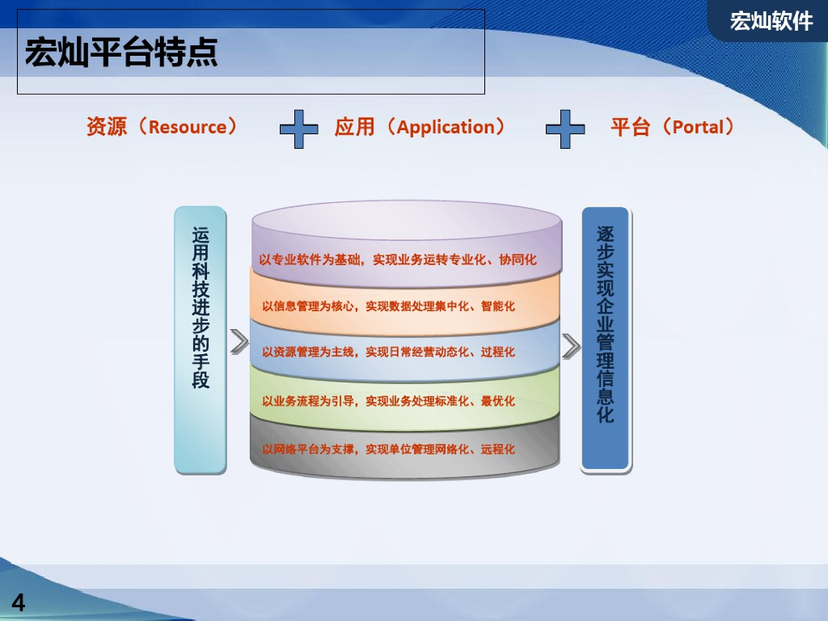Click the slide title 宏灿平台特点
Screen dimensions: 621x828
click(x=121, y=53)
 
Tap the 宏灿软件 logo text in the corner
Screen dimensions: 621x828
click(x=771, y=21)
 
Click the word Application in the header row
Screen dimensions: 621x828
click(x=446, y=127)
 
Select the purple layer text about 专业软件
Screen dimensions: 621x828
click(x=398, y=260)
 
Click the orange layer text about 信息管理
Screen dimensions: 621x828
click(x=388, y=306)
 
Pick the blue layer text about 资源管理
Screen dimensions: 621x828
click(x=388, y=353)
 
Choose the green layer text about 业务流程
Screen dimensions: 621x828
click(x=388, y=401)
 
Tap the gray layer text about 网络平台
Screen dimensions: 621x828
click(x=388, y=449)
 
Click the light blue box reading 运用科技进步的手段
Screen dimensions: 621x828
click(x=201, y=340)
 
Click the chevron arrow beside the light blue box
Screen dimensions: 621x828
click(x=239, y=342)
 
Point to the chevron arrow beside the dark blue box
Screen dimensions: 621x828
click(x=572, y=346)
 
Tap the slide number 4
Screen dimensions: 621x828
click(x=18, y=602)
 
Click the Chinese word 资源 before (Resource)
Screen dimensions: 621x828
click(x=107, y=127)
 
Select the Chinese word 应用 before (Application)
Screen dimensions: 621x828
click(x=355, y=127)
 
